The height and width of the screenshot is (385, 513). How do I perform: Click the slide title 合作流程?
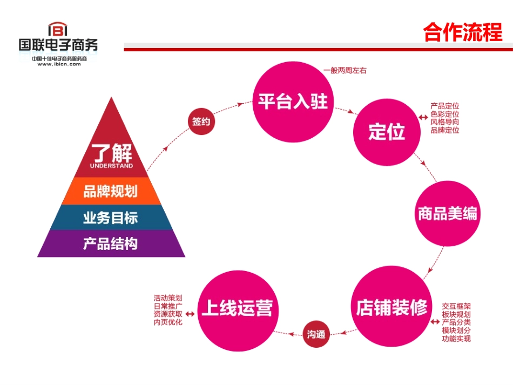tap(463, 32)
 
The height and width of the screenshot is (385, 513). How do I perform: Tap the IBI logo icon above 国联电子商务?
tap(58, 29)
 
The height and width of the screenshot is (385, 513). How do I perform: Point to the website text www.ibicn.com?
tap(59, 64)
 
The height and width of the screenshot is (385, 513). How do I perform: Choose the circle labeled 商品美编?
tap(447, 214)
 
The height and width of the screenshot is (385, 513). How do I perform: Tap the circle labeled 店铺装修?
tap(391, 307)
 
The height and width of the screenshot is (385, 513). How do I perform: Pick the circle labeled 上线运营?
tap(237, 309)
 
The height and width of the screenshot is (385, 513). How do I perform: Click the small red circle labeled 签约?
tap(201, 121)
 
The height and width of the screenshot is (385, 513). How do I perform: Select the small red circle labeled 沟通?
tap(317, 334)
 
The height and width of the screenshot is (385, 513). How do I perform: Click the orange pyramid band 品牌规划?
tap(111, 192)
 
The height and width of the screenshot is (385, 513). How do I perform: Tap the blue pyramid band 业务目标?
tap(111, 218)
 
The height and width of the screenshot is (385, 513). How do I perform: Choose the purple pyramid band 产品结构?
tap(111, 244)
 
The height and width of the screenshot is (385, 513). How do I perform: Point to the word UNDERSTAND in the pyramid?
tap(111, 166)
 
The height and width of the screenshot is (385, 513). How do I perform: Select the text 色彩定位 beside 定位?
tap(445, 114)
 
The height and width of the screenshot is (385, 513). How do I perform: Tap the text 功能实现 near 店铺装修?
tap(456, 339)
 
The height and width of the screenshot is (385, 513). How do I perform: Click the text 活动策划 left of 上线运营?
tap(168, 298)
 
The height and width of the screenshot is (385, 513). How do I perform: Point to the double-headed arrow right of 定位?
tap(422, 117)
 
